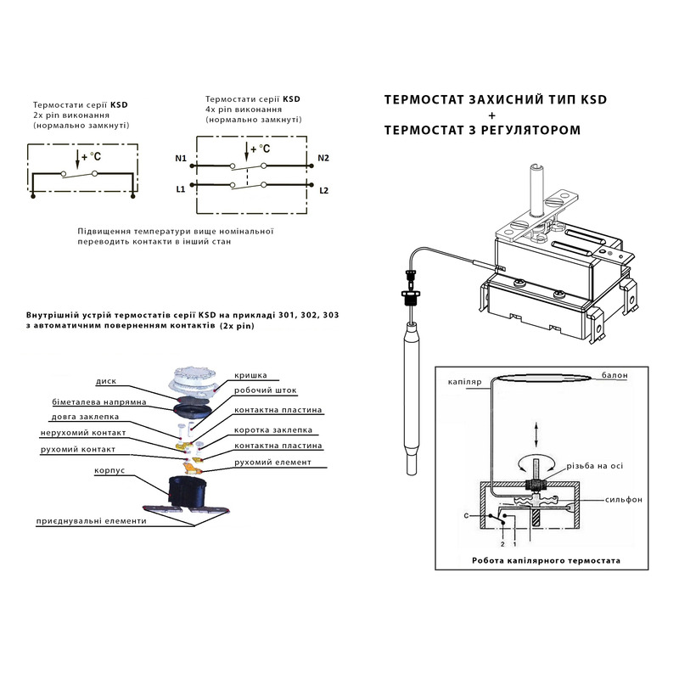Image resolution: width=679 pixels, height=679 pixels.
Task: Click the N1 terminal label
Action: [x=180, y=159]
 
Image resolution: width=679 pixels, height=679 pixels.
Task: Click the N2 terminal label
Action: [x=323, y=159]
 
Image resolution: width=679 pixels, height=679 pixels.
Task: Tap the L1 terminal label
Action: [x=180, y=188]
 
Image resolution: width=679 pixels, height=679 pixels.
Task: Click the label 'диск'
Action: [x=106, y=381]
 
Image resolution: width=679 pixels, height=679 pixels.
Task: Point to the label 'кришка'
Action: [x=251, y=374]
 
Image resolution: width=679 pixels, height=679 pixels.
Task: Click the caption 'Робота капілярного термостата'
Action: [x=546, y=560]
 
